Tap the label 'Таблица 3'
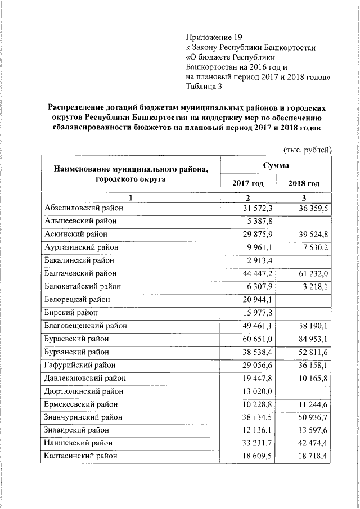point(204,86)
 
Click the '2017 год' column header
point(247,184)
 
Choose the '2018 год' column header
point(304,184)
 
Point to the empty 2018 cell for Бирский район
point(304,313)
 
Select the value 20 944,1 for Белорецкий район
point(258,300)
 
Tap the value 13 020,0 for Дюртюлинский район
point(258,391)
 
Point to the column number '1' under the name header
point(130,197)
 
